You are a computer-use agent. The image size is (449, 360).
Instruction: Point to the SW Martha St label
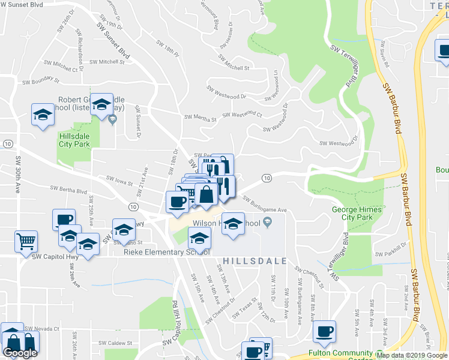tap(200, 118)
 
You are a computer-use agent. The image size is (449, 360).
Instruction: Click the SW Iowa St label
tap(119, 179)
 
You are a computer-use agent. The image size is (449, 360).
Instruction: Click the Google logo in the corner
tap(20, 353)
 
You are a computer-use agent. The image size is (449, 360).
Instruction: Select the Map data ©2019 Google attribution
tap(411, 355)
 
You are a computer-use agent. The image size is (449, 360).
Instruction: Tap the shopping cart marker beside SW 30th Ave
tap(26, 242)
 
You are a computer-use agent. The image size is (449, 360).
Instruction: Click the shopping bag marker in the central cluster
tap(206, 194)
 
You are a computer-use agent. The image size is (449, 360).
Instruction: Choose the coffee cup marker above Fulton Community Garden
tap(324, 332)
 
